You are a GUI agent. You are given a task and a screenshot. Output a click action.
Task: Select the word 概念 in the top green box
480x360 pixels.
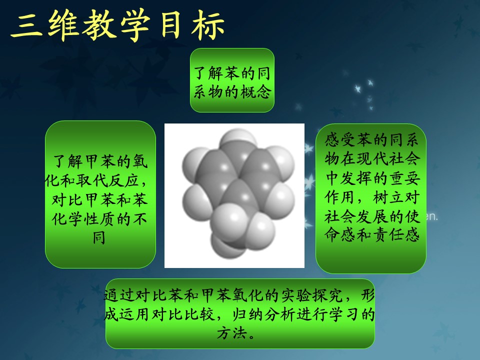coord(256,91)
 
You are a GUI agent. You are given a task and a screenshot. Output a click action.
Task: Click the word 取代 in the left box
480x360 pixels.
coord(90,180)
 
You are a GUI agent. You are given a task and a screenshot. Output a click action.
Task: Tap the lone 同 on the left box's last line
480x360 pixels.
coord(99,237)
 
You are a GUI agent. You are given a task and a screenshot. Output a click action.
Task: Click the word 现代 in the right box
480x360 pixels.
coord(371,159)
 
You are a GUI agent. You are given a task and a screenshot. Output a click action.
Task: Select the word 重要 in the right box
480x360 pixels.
coord(404,178)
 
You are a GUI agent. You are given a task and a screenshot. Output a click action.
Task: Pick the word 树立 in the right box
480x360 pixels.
coord(388,197)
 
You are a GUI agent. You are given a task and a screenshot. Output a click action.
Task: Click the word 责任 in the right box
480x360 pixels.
coord(388,235)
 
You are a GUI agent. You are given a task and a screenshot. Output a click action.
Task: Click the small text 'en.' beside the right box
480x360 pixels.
coord(431,216)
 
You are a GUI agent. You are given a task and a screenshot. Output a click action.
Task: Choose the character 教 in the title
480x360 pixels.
coord(100,25)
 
